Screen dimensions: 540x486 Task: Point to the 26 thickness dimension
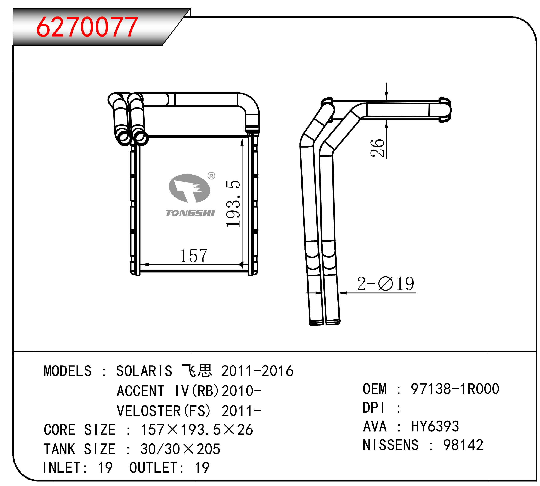(x=377, y=148)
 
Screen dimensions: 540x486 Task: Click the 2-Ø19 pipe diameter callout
(x=385, y=284)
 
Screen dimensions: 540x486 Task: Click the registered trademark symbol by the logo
(x=211, y=176)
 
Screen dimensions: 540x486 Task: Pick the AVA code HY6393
(x=435, y=426)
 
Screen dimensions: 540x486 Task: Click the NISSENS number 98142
(x=463, y=445)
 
